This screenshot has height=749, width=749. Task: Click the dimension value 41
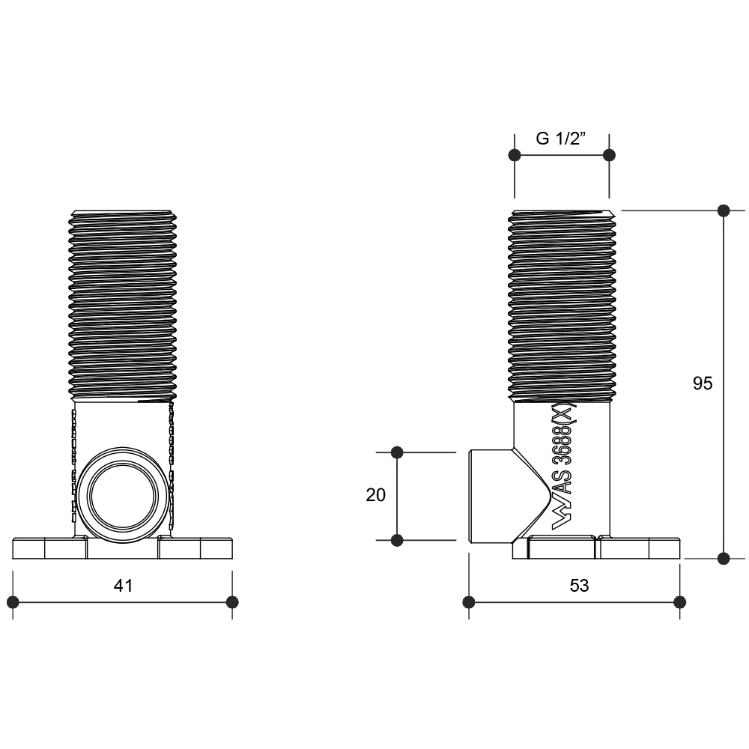124,585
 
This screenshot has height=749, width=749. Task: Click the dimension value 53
580,585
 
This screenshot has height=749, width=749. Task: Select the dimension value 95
703,383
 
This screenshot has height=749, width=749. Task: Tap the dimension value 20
375,495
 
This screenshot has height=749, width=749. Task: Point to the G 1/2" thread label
561,139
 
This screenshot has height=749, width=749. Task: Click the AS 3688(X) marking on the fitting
564,466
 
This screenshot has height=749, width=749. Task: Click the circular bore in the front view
123,495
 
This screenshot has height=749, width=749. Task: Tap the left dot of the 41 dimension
13,602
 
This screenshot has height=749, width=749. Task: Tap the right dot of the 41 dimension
232,602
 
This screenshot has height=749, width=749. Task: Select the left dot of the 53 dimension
469,602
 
